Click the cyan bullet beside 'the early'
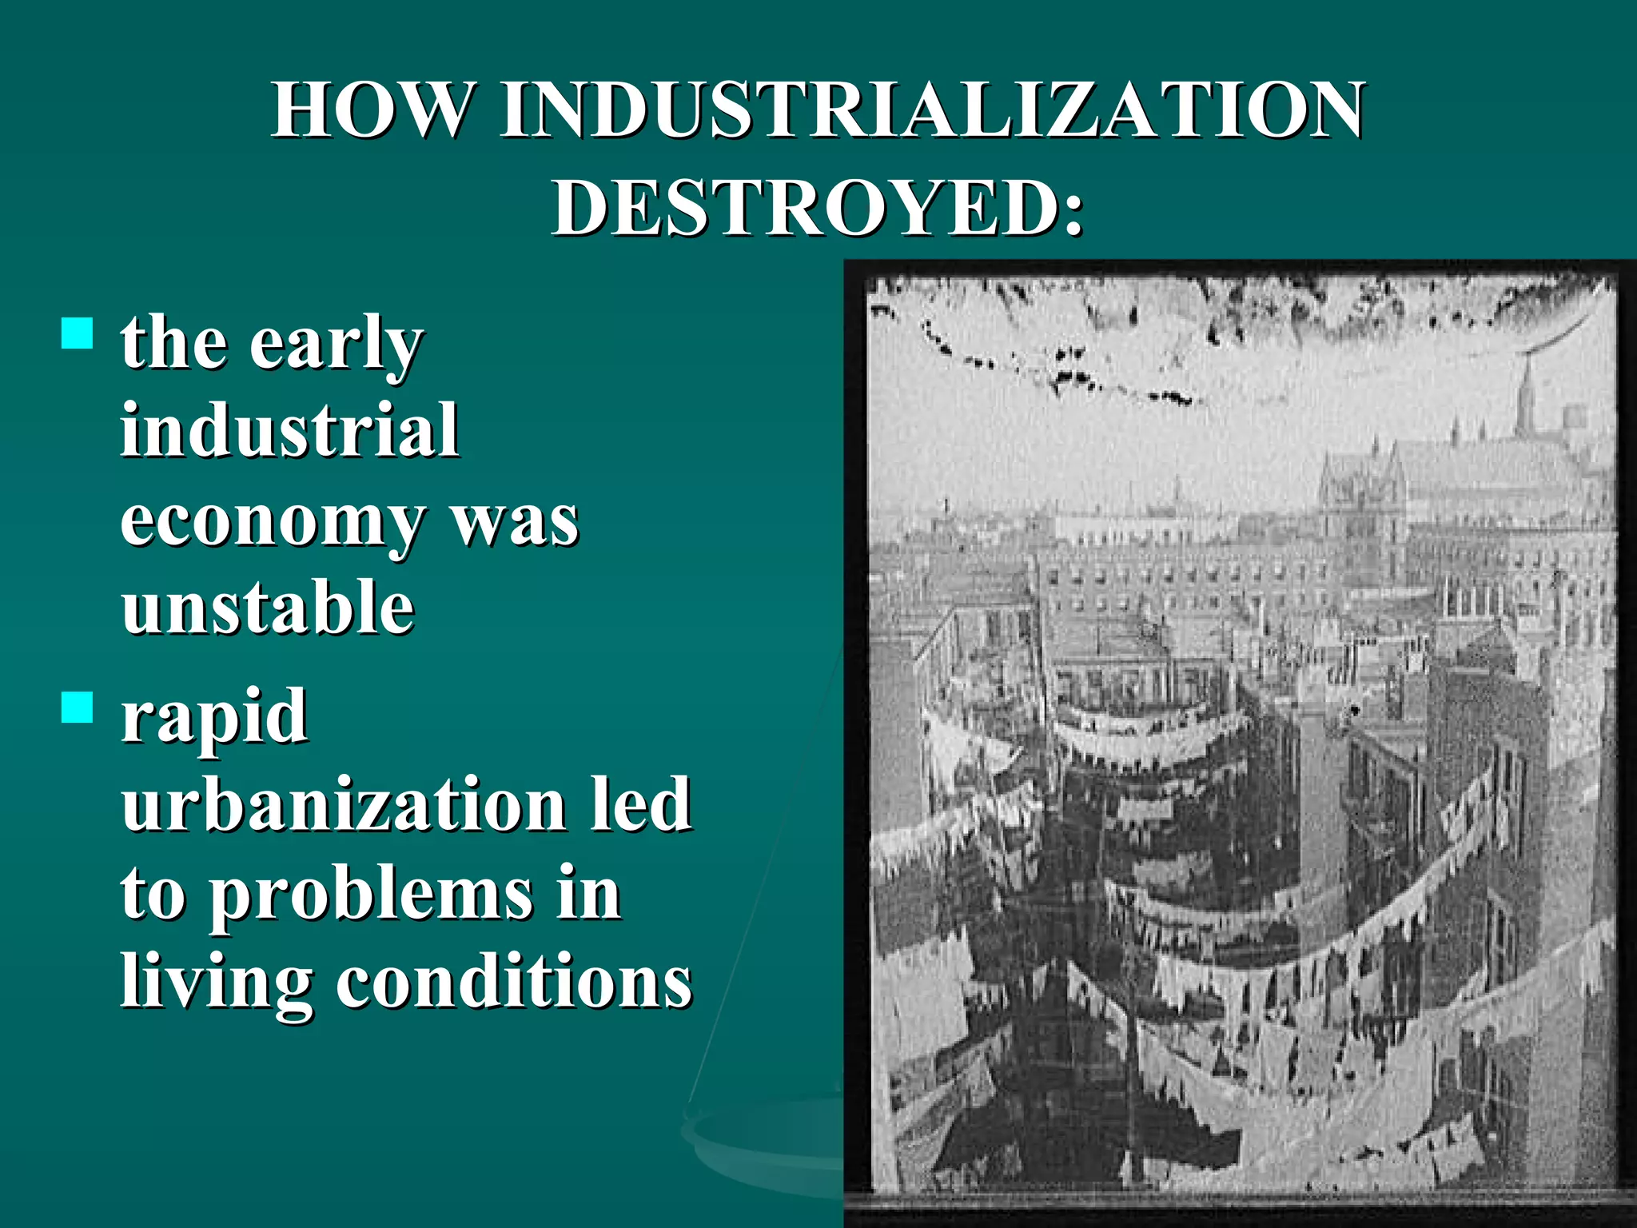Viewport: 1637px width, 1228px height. [x=78, y=333]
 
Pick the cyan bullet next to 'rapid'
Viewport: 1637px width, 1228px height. [x=78, y=708]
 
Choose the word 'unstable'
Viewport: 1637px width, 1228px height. [x=268, y=608]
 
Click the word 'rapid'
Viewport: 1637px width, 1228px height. [x=214, y=717]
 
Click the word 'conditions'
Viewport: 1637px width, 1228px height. [x=513, y=982]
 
